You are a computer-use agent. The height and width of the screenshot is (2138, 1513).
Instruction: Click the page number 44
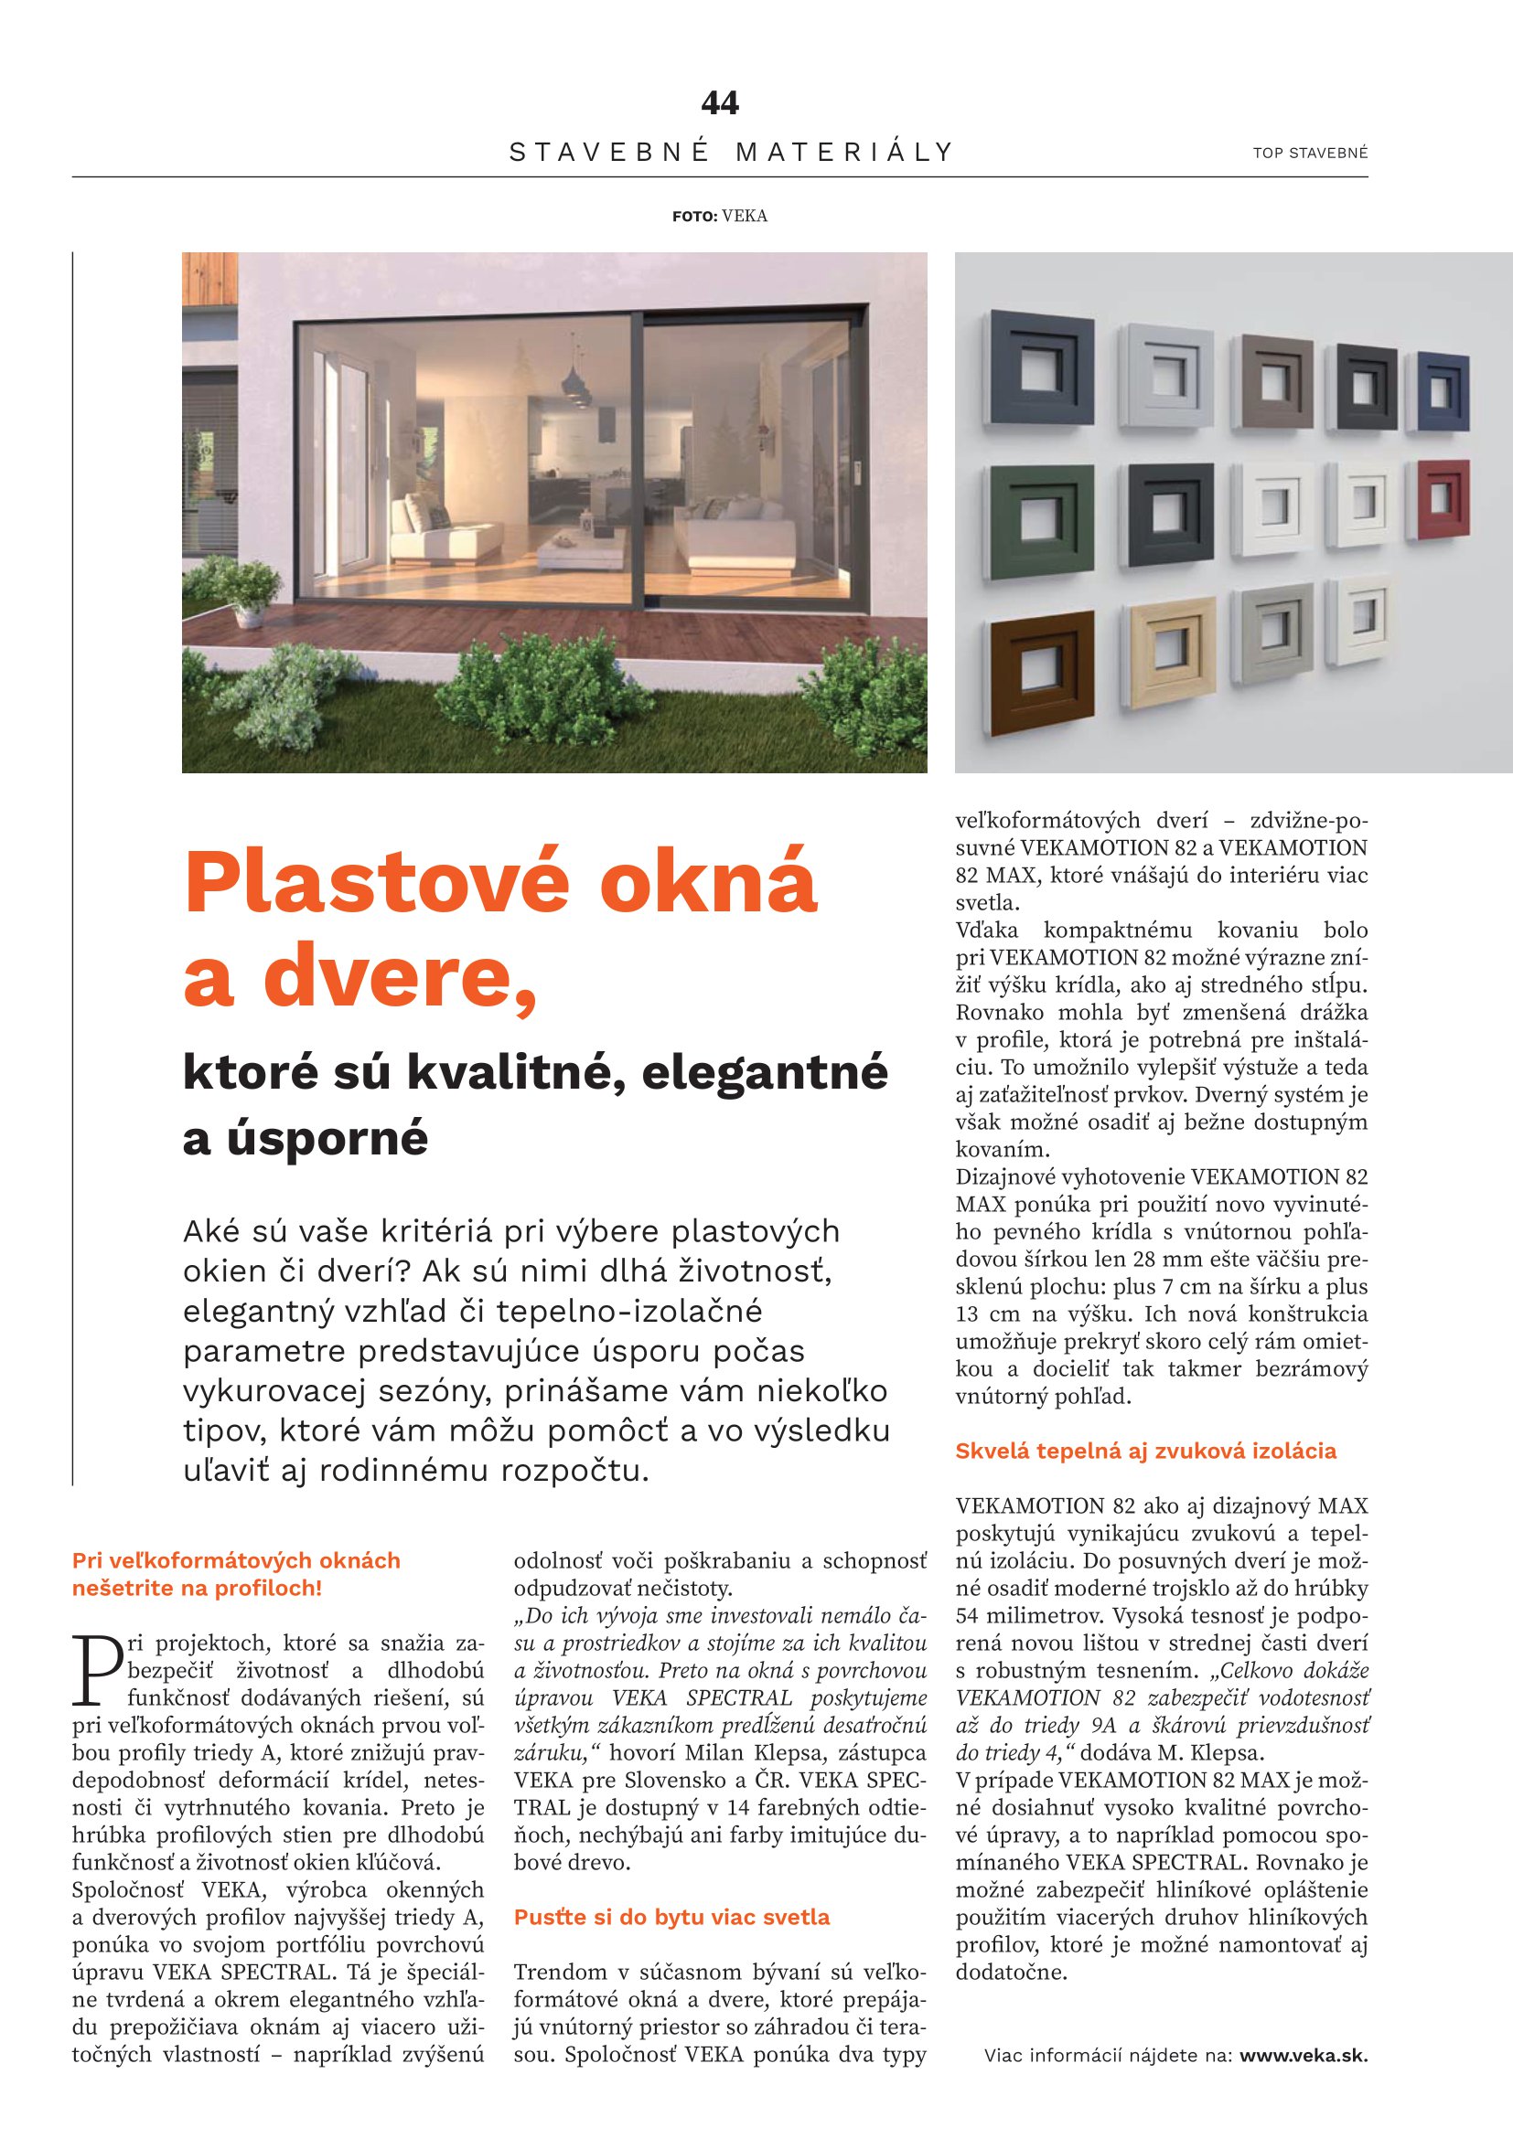point(719,102)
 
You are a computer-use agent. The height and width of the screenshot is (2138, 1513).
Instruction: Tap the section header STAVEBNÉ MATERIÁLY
point(733,152)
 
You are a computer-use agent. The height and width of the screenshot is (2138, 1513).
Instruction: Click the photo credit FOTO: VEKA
point(719,216)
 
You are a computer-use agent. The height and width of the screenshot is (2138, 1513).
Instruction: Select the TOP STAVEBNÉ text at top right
point(1310,153)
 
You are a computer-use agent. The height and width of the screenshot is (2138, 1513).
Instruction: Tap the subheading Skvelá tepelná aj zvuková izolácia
point(1146,1450)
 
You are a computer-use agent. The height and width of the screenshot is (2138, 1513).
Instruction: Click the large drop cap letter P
point(97,1670)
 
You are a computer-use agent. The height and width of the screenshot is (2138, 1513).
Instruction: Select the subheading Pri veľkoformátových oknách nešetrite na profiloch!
point(237,1574)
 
